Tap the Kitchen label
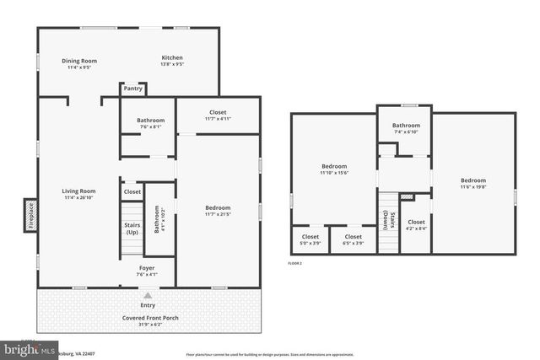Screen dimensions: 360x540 (x=172, y=58)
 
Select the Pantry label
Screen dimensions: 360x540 (x=132, y=88)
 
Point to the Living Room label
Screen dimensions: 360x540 (x=78, y=191)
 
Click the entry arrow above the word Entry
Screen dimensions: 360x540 (x=148, y=295)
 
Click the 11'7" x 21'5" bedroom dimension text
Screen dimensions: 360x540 (x=218, y=214)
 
